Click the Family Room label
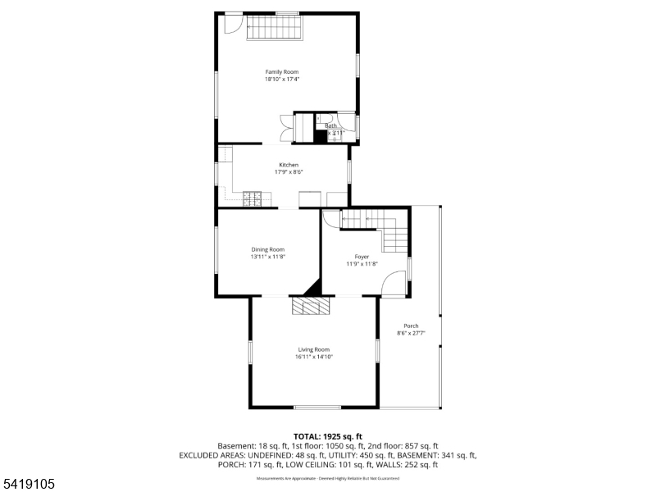tap(281, 72)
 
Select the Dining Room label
tap(267, 249)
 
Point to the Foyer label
tap(362, 257)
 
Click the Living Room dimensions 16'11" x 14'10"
tap(313, 357)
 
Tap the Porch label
tap(411, 326)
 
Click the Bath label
tap(331, 125)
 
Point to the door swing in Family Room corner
tap(233, 25)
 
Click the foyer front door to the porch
tap(395, 283)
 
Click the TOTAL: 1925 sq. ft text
tap(328, 435)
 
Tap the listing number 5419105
tap(30, 485)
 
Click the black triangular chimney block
tap(312, 289)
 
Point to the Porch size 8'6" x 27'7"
tap(411, 333)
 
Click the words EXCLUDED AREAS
tap(210, 454)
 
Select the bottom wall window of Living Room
tap(317, 408)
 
